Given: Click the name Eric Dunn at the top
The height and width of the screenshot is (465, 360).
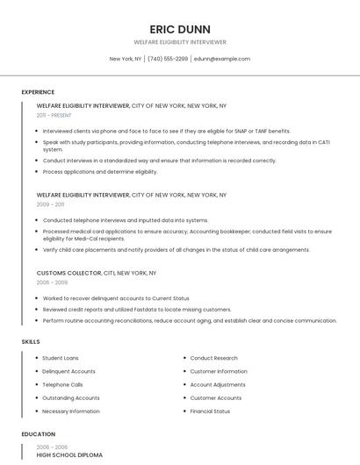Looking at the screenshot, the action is coord(180,29).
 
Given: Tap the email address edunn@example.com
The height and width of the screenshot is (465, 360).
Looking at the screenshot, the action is coord(222,59).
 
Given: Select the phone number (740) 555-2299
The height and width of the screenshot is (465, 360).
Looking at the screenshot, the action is coord(168,59).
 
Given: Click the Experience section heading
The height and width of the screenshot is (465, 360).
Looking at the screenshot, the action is coord(38,92).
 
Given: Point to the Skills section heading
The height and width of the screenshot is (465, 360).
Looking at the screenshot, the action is coord(31,341).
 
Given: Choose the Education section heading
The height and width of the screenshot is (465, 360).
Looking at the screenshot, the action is coord(39,434).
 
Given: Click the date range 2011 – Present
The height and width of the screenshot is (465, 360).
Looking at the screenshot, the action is coord(54,115).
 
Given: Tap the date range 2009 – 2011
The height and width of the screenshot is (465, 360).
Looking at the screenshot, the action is coord(51,204).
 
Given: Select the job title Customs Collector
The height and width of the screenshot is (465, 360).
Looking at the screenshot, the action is coord(69,273).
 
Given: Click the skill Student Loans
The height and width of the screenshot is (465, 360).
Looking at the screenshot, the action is coord(61,358).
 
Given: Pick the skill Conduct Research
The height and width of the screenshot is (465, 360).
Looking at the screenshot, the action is coord(213,358).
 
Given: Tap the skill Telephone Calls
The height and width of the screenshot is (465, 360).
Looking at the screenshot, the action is coord(62,384).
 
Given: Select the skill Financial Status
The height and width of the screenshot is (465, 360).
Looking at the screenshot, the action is coord(210,411).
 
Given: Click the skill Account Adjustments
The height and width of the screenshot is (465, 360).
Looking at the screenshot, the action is coord(218,384).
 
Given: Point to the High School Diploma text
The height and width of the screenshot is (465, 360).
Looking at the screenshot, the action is coord(69,455).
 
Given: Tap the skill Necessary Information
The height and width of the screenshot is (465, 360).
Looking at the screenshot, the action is coord(71,411).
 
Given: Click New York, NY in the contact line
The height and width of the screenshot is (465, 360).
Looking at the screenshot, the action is coord(126,59).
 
